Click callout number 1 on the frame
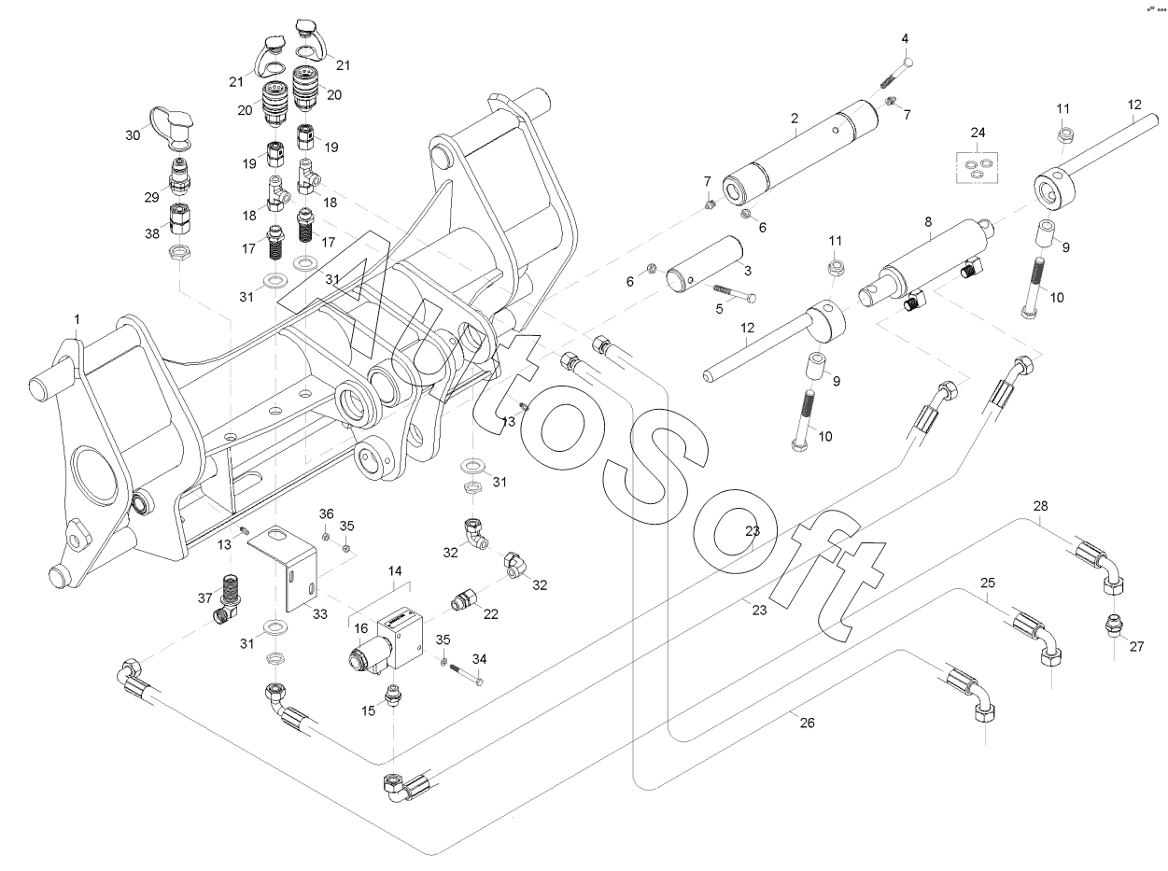click(x=77, y=319)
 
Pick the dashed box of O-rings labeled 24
click(x=975, y=165)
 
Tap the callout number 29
click(x=152, y=198)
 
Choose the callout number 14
click(x=396, y=569)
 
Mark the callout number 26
click(x=808, y=722)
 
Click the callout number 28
click(x=1040, y=506)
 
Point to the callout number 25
click(x=987, y=582)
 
